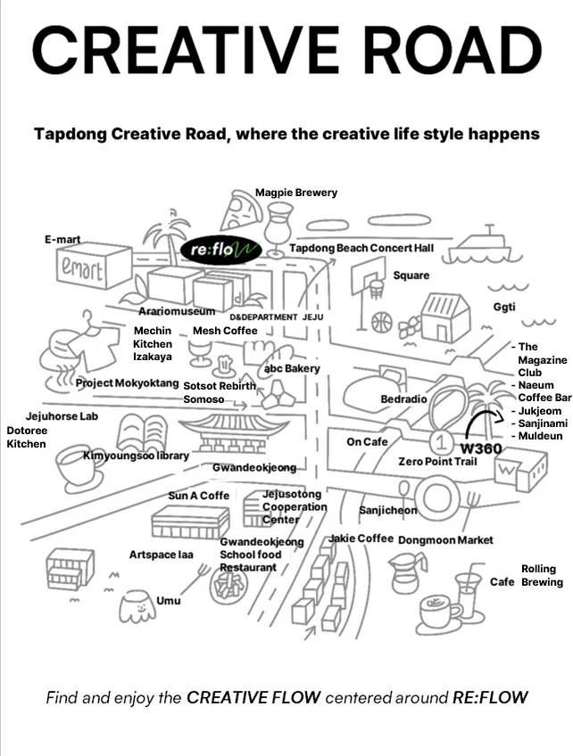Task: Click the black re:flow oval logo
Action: tap(220, 249)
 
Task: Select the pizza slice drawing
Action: tap(241, 211)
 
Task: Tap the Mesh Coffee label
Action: tap(225, 331)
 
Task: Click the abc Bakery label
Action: tap(292, 368)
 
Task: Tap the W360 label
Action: tap(481, 448)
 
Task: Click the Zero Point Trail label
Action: tap(437, 462)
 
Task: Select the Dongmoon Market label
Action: tap(444, 540)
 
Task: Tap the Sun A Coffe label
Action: tap(199, 496)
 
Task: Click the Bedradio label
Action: tap(403, 399)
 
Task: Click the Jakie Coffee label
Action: tap(361, 538)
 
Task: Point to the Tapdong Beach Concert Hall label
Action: tap(361, 247)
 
